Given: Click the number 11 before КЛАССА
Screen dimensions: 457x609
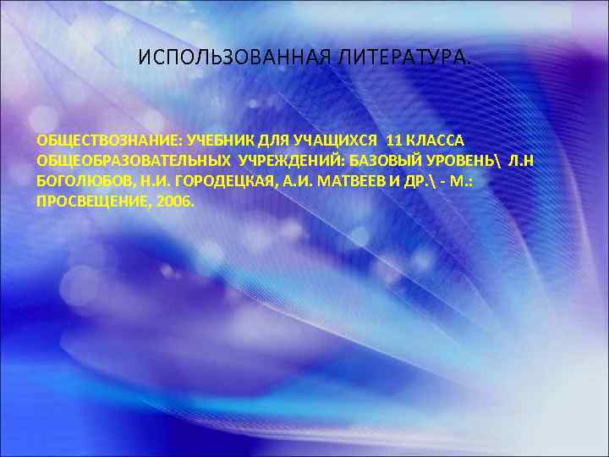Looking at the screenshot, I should [x=395, y=138].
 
